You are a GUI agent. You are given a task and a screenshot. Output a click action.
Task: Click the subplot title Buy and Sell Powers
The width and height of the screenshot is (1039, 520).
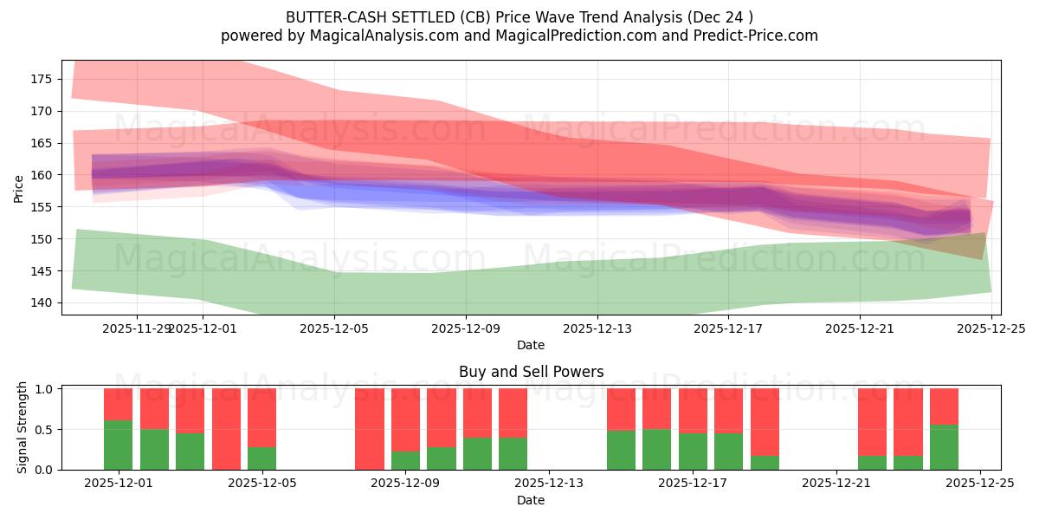531,372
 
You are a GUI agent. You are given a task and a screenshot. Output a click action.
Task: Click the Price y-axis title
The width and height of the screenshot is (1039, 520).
19,188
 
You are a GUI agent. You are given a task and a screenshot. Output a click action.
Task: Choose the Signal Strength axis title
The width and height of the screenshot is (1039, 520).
23,427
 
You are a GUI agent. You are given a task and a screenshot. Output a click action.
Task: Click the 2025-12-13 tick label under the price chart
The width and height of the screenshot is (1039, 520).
597,328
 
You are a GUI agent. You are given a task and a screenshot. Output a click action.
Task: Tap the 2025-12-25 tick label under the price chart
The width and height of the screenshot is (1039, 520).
991,328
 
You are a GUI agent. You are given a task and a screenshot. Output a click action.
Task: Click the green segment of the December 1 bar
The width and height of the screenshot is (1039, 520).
118,445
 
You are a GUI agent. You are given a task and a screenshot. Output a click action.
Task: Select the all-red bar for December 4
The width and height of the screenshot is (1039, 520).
226,429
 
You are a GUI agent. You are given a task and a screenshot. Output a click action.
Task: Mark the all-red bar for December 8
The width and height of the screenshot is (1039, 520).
370,429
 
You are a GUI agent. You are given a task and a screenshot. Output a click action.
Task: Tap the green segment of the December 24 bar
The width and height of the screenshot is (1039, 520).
944,447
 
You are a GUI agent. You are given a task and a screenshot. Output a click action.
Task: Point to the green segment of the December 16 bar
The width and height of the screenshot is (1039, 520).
656,449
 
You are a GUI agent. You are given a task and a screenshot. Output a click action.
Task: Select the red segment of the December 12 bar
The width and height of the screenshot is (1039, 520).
513,413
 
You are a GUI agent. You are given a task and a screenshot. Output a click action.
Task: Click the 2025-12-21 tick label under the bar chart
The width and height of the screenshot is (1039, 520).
836,484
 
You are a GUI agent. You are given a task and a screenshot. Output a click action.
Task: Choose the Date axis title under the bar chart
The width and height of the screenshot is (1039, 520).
531,500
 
